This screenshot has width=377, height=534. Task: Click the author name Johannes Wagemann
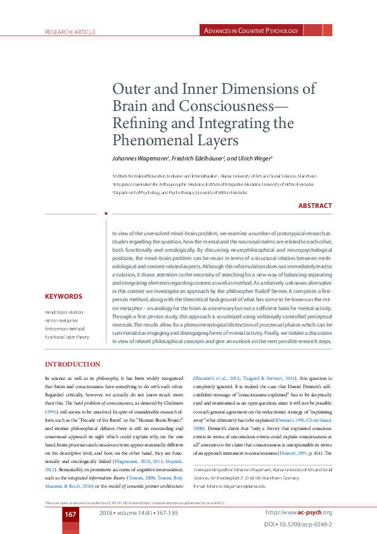(139, 158)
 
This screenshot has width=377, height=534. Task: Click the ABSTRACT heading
(315, 205)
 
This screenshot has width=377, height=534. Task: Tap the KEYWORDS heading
(63, 296)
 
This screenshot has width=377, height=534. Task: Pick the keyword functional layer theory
(67, 337)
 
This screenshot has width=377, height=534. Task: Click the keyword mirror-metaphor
(60, 321)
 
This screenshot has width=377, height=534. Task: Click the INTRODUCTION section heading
(72, 364)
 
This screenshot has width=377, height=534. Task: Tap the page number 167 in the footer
(70, 514)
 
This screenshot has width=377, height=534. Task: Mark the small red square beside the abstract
(105, 214)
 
